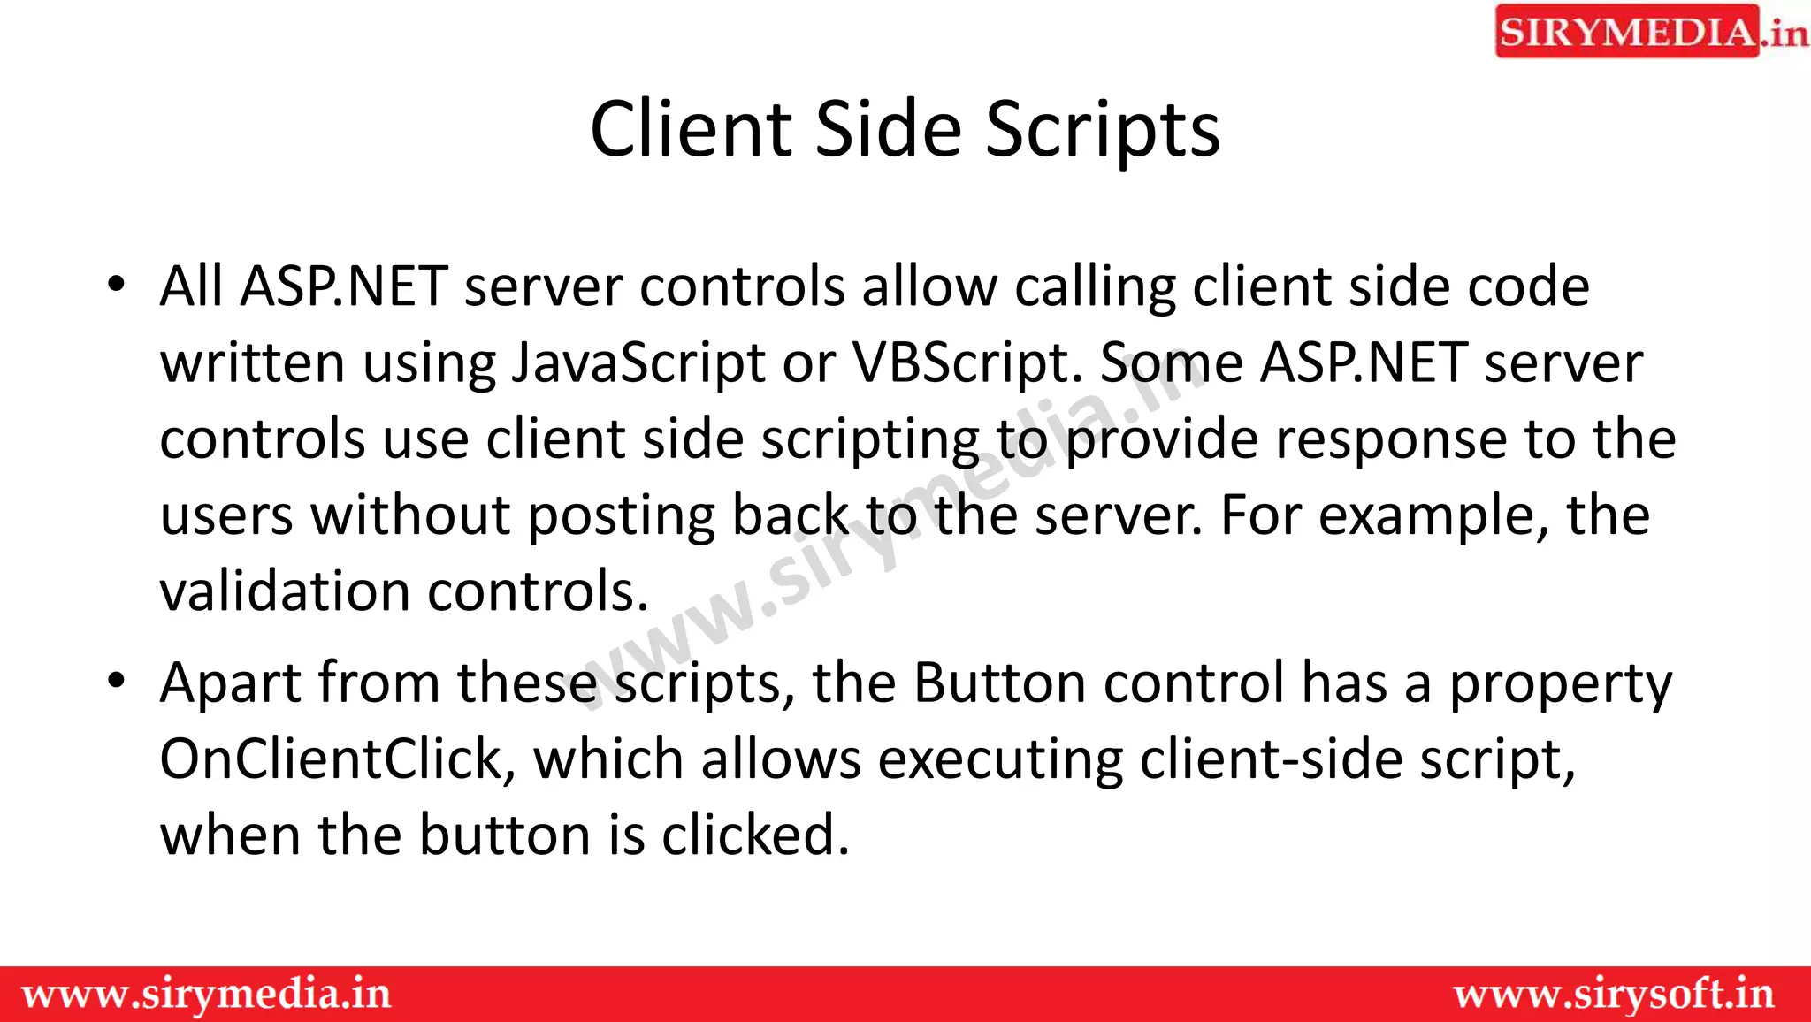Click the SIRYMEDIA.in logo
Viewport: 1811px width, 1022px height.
1650,32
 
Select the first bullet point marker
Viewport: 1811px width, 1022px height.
116,286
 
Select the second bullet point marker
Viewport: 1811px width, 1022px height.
116,682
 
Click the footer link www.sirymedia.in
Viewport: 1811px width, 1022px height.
206,995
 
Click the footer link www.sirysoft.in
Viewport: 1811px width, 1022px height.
1614,995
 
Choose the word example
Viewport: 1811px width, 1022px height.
1433,515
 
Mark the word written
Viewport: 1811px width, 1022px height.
252,363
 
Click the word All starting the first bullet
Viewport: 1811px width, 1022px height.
192,286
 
